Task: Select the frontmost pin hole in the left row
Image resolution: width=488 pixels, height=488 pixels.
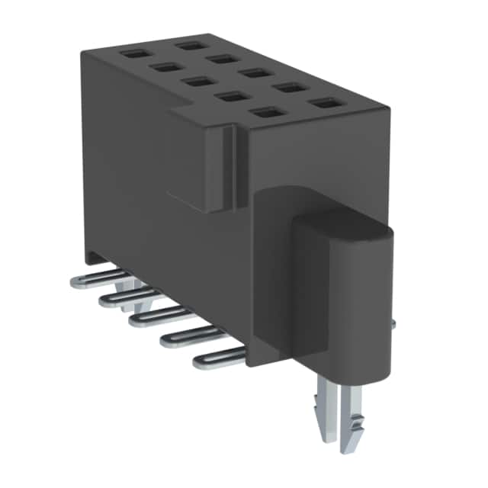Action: click(264, 113)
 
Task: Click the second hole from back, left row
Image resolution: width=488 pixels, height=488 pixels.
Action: click(164, 67)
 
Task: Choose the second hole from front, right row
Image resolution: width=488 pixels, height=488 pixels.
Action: click(287, 87)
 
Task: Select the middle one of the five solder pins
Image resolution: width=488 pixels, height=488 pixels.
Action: click(152, 317)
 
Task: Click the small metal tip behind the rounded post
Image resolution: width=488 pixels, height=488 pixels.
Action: click(393, 324)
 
